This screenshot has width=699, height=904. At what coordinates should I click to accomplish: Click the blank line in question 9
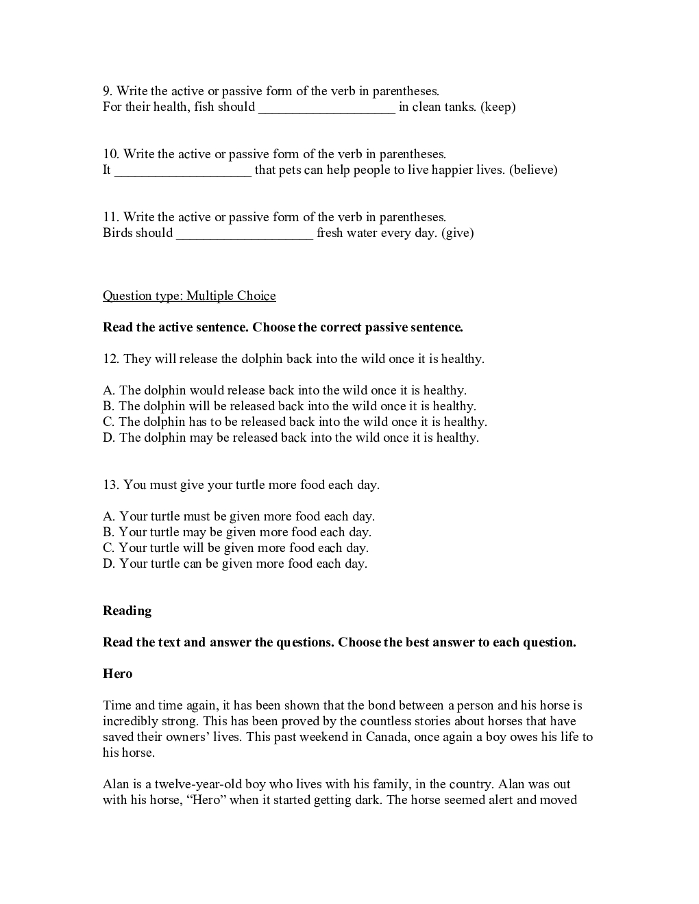coord(327,108)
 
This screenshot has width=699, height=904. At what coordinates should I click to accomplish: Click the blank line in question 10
coord(183,171)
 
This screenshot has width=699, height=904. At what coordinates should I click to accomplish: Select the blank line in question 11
coord(245,234)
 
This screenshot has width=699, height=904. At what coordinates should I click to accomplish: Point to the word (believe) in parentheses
coord(533,170)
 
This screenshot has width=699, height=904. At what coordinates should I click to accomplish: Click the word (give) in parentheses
coord(458,233)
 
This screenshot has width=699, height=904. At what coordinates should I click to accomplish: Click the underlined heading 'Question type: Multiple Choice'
coord(189,296)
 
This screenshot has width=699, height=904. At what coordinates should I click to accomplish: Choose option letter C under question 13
coord(108,548)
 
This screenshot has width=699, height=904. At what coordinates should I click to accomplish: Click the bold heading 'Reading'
coord(127,611)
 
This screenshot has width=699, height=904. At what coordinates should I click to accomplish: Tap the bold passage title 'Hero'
coord(117,674)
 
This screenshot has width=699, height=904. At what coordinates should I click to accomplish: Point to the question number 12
coord(110,359)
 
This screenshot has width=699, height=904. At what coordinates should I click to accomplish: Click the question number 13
coord(110,485)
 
